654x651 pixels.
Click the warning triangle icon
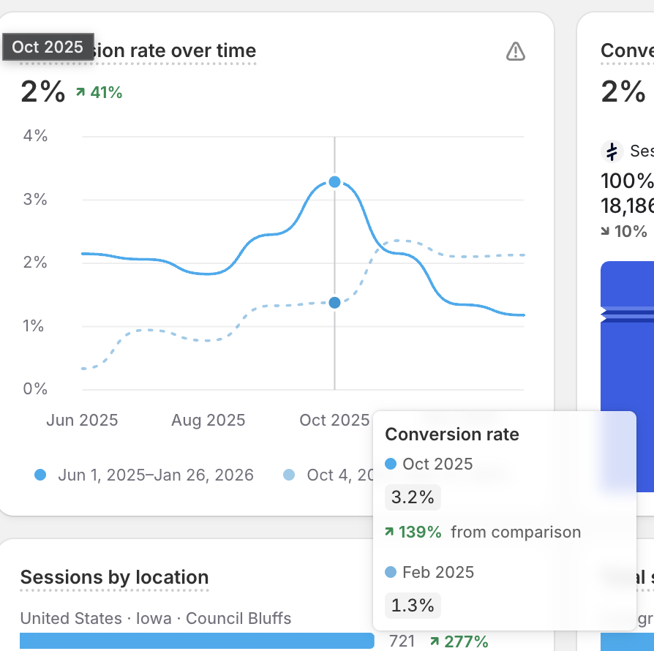(516, 51)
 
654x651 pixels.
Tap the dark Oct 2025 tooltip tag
(48, 47)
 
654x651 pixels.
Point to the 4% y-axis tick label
(35, 136)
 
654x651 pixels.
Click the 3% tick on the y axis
(35, 200)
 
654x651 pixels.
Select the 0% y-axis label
(35, 389)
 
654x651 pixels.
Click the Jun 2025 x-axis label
(82, 421)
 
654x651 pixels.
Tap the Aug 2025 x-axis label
(208, 421)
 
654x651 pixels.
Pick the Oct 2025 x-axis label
(334, 421)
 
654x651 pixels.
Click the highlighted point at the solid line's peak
(334, 181)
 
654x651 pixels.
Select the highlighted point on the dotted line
(334, 302)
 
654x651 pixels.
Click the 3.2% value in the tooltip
(413, 498)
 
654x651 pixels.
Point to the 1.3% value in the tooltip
(413, 606)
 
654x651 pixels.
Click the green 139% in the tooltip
(420, 533)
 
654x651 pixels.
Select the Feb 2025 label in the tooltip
(437, 572)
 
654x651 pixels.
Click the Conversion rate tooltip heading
(452, 434)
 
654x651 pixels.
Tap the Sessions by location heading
(114, 578)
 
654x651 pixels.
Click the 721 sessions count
(402, 641)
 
